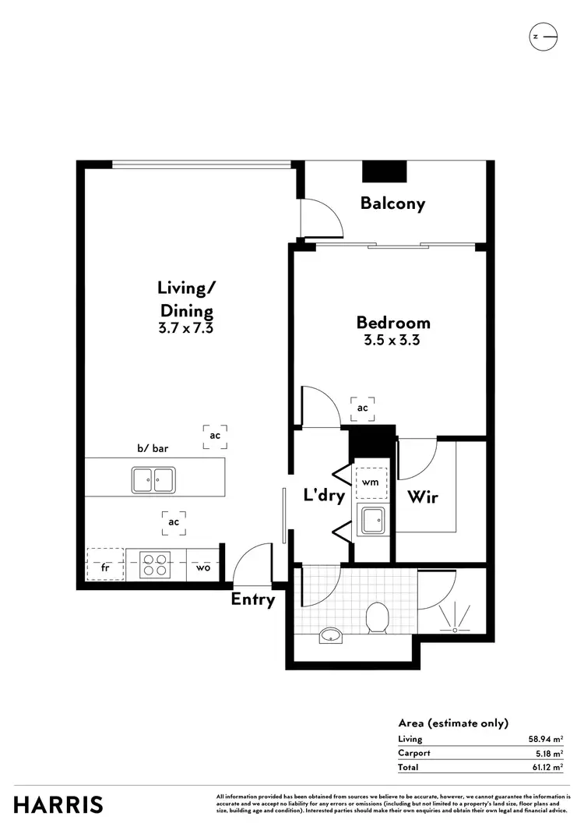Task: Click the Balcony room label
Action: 392,203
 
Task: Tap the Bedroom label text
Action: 393,322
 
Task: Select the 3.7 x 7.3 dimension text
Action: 185,328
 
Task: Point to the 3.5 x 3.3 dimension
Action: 392,340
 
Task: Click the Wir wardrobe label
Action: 422,497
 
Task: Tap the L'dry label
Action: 324,496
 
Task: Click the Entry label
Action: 253,599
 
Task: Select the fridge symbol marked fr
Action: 105,567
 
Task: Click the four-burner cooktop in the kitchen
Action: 155,564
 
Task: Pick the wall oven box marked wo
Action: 203,567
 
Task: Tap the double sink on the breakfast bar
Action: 152,479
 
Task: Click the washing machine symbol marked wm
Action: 371,482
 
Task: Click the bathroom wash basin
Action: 332,636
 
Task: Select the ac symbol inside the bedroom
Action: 363,407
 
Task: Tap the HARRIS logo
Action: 58,804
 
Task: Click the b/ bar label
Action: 153,449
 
